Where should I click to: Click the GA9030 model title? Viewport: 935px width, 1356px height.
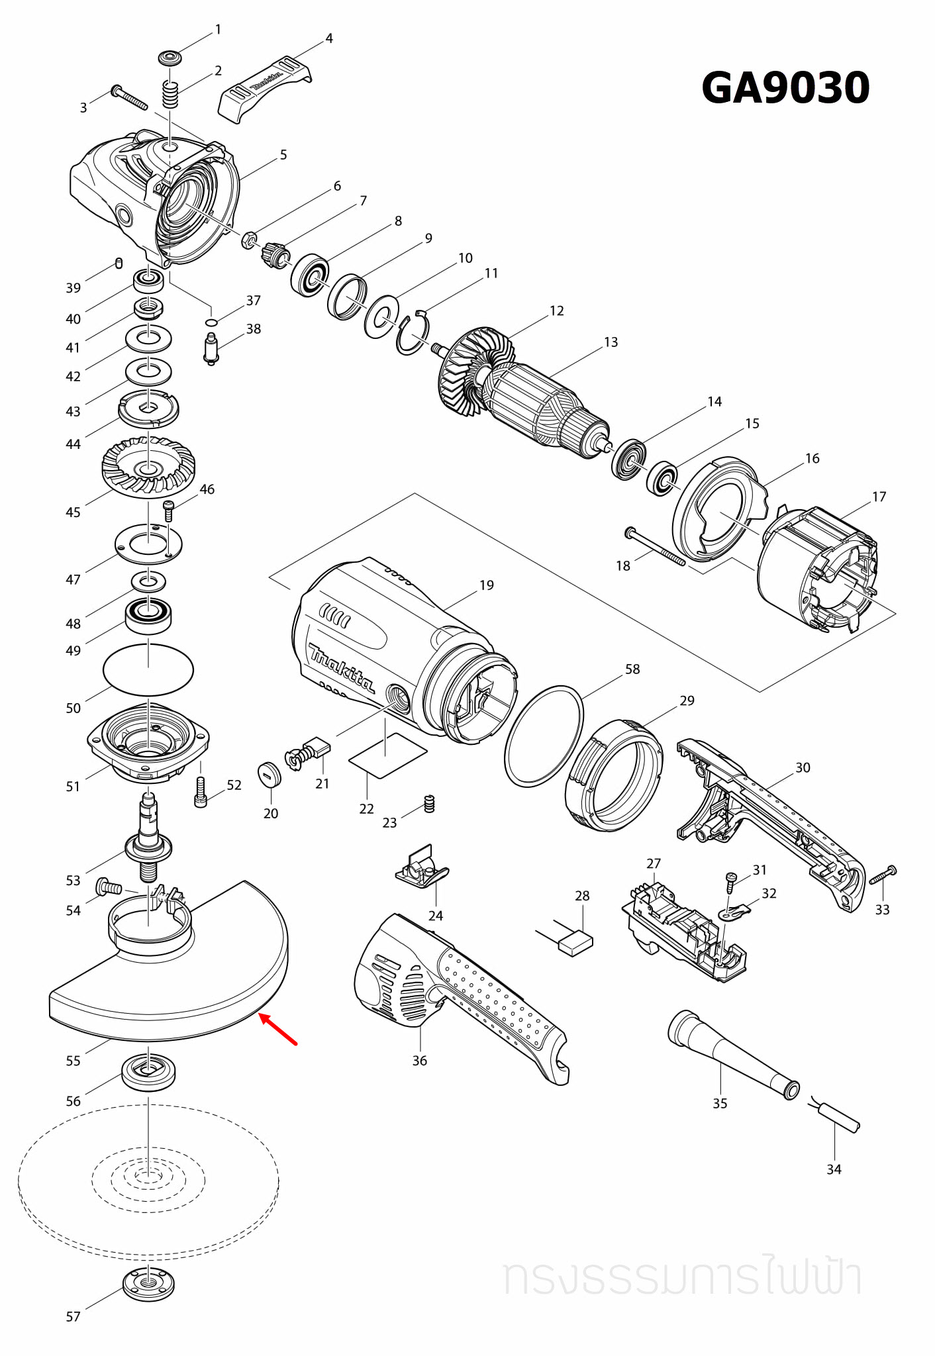coord(785,87)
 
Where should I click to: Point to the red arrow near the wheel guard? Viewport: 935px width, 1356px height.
coord(277,1029)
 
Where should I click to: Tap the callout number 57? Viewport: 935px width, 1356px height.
coord(73,1317)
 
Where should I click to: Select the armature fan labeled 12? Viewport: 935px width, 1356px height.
coord(471,371)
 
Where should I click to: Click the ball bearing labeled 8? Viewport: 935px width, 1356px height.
coord(309,275)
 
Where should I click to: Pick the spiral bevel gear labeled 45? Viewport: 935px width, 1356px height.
coord(149,467)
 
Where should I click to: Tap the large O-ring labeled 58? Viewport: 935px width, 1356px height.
coord(544,736)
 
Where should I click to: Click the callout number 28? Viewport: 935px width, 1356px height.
coord(582,896)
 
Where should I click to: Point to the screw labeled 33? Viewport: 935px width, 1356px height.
coord(883,875)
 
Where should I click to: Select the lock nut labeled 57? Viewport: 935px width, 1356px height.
coord(149,1284)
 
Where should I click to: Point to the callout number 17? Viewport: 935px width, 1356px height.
coord(879,497)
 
